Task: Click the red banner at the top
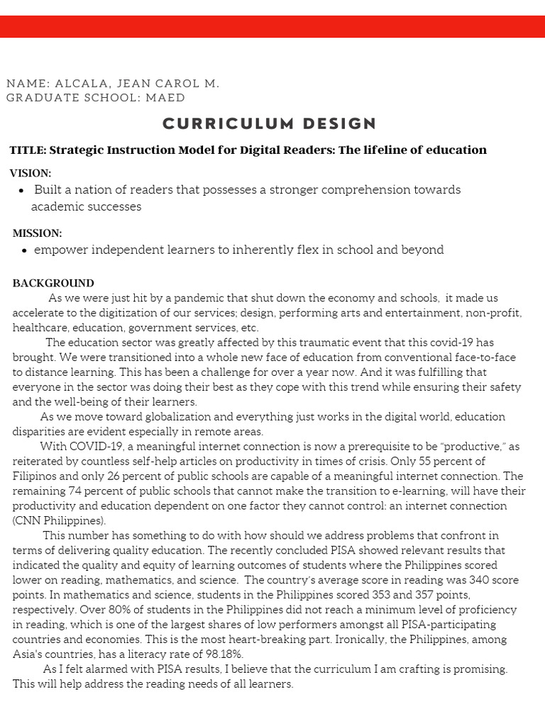point(272,26)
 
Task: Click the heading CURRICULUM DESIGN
point(270,123)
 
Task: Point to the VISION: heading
point(31,173)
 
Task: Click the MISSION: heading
point(37,233)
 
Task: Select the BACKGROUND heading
point(53,284)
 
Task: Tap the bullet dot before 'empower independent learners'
point(25,250)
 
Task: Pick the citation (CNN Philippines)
point(59,520)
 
